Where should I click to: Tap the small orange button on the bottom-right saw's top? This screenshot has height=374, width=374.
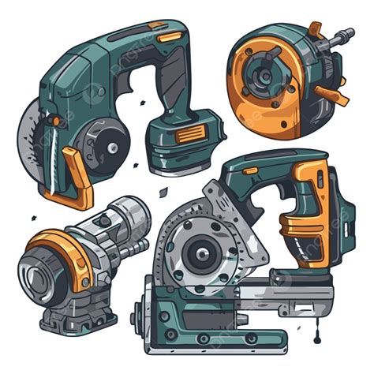pyautogui.click(x=251, y=170)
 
